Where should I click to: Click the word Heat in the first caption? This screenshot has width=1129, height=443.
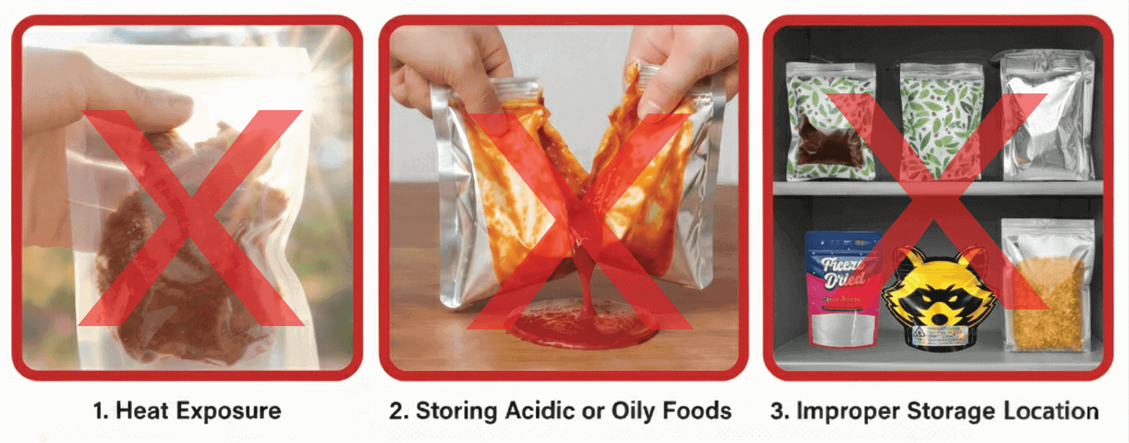pos(143,410)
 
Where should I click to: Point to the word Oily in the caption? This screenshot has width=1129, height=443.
pos(632,410)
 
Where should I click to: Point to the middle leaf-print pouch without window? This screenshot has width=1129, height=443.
pos(941,121)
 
